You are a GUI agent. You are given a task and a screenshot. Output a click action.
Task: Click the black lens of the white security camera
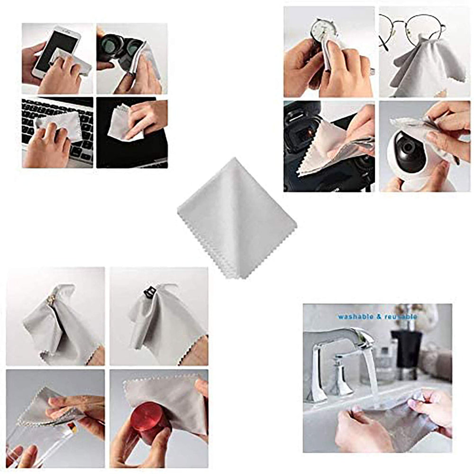click(x=406, y=151)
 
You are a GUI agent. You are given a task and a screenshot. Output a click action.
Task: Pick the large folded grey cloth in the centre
click(x=237, y=216)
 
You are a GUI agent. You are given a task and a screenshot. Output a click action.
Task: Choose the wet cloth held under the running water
click(x=398, y=417)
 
